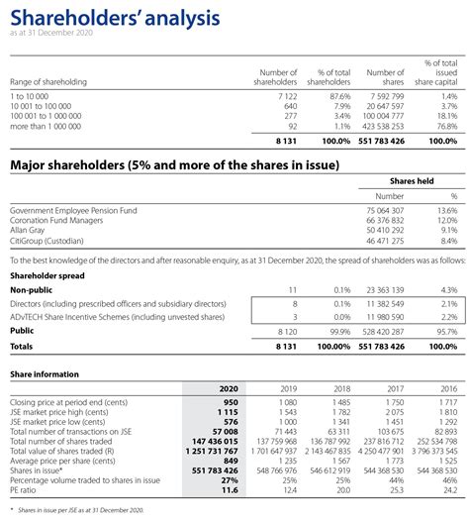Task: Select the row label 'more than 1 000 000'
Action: (47, 126)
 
